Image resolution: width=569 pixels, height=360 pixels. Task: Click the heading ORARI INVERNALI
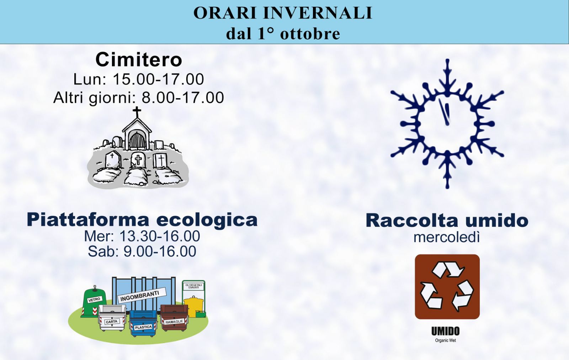click(283, 13)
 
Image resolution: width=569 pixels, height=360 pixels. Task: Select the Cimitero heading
click(139, 60)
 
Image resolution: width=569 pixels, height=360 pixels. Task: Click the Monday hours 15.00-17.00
click(158, 79)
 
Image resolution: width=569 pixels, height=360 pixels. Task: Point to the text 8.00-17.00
click(183, 97)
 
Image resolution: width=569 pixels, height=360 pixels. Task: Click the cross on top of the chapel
click(137, 112)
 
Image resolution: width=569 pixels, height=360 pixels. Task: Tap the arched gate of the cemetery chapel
click(137, 141)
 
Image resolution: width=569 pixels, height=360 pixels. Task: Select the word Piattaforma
click(88, 220)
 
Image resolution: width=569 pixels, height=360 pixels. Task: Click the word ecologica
click(207, 220)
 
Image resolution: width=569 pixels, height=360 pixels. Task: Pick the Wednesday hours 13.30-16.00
click(160, 236)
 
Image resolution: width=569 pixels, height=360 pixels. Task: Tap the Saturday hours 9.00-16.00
click(160, 251)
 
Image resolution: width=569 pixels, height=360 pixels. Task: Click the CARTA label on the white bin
click(112, 322)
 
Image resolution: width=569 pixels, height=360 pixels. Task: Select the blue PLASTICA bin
click(143, 323)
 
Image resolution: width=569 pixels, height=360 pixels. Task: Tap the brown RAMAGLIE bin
click(174, 318)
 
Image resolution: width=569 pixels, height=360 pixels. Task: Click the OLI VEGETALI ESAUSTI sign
click(193, 287)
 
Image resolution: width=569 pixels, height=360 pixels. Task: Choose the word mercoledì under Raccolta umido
click(447, 237)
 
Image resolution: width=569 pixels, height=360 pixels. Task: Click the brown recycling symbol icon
click(447, 287)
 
